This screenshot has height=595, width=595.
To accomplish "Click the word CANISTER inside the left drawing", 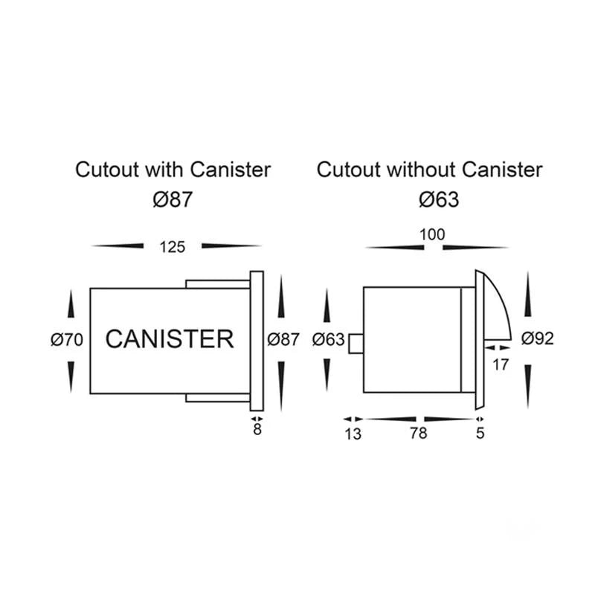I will click(x=170, y=339).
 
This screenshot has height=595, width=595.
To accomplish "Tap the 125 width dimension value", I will click(x=173, y=246).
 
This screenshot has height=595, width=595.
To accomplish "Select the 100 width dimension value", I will click(x=432, y=235).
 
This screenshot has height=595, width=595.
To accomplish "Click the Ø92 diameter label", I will click(x=538, y=338).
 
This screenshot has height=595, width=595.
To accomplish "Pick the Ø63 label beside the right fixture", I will click(x=329, y=340).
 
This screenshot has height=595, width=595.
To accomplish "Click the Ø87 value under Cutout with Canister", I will click(x=173, y=199).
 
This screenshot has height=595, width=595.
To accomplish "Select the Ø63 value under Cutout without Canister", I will click(x=439, y=199).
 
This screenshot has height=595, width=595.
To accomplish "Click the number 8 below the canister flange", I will click(x=257, y=430).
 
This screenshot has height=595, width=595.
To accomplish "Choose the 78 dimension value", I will click(x=419, y=434).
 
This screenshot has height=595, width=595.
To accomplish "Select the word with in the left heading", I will click(x=164, y=170).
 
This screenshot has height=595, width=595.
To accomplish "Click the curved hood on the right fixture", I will click(x=497, y=305).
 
